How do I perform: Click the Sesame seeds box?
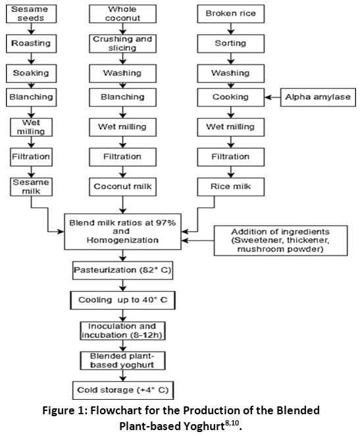[31, 14]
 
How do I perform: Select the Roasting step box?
[31, 43]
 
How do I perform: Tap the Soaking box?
[31, 73]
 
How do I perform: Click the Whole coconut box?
[122, 14]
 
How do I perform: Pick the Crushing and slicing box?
[122, 43]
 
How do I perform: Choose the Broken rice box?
[230, 14]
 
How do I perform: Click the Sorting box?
[230, 43]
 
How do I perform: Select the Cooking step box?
[230, 97]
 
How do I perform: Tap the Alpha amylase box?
[318, 97]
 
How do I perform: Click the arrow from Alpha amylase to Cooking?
[272, 97]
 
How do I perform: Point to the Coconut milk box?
[122, 187]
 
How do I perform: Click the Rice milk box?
[230, 187]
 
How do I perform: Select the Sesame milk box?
[31, 187]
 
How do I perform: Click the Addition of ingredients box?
[280, 240]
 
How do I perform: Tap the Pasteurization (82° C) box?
[122, 270]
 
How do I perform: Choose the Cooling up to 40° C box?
[122, 300]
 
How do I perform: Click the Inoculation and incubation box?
[122, 331]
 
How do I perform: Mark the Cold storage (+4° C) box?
[123, 391]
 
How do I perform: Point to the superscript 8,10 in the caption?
[232, 423]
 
